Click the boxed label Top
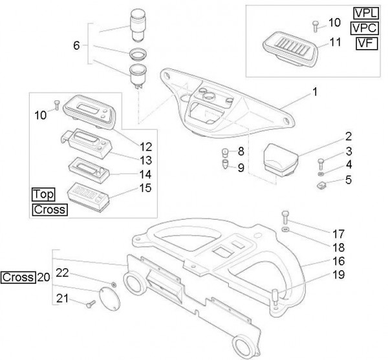(42, 195)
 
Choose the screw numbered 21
(91, 302)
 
